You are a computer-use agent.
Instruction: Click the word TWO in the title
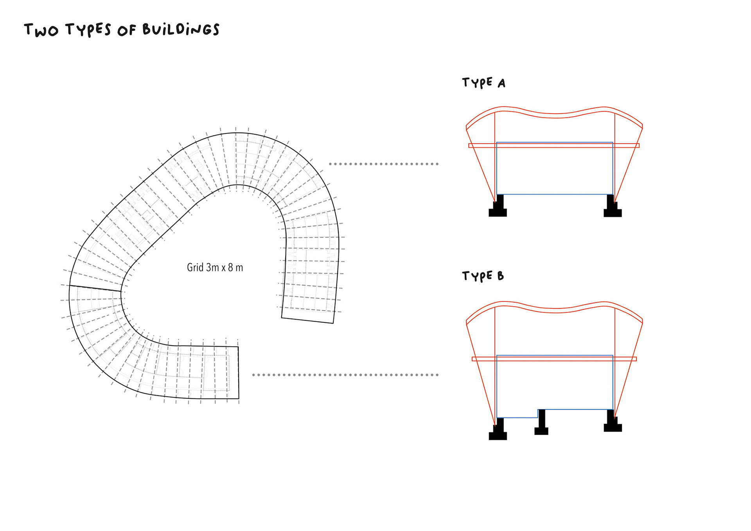point(41,30)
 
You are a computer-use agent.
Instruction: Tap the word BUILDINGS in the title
point(181,29)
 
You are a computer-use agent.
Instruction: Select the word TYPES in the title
point(88,29)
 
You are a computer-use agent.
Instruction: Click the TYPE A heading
point(483,83)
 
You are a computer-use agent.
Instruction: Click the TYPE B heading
point(483,276)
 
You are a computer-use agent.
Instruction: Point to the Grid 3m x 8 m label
point(215,268)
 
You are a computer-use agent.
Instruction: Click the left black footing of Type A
point(498,207)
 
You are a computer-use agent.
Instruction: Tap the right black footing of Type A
point(612,207)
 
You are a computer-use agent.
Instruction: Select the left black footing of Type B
point(498,430)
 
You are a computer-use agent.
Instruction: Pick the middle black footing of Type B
point(541,423)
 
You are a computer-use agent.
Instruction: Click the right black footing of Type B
point(612,423)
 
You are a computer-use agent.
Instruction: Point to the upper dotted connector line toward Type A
point(383,164)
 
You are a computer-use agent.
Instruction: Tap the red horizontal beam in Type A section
point(554,146)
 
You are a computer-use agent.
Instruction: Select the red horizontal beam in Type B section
point(554,359)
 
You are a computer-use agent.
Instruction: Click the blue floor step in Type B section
point(538,414)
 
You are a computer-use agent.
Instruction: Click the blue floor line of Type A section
point(554,194)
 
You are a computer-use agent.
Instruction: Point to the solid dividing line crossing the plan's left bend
point(95,288)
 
